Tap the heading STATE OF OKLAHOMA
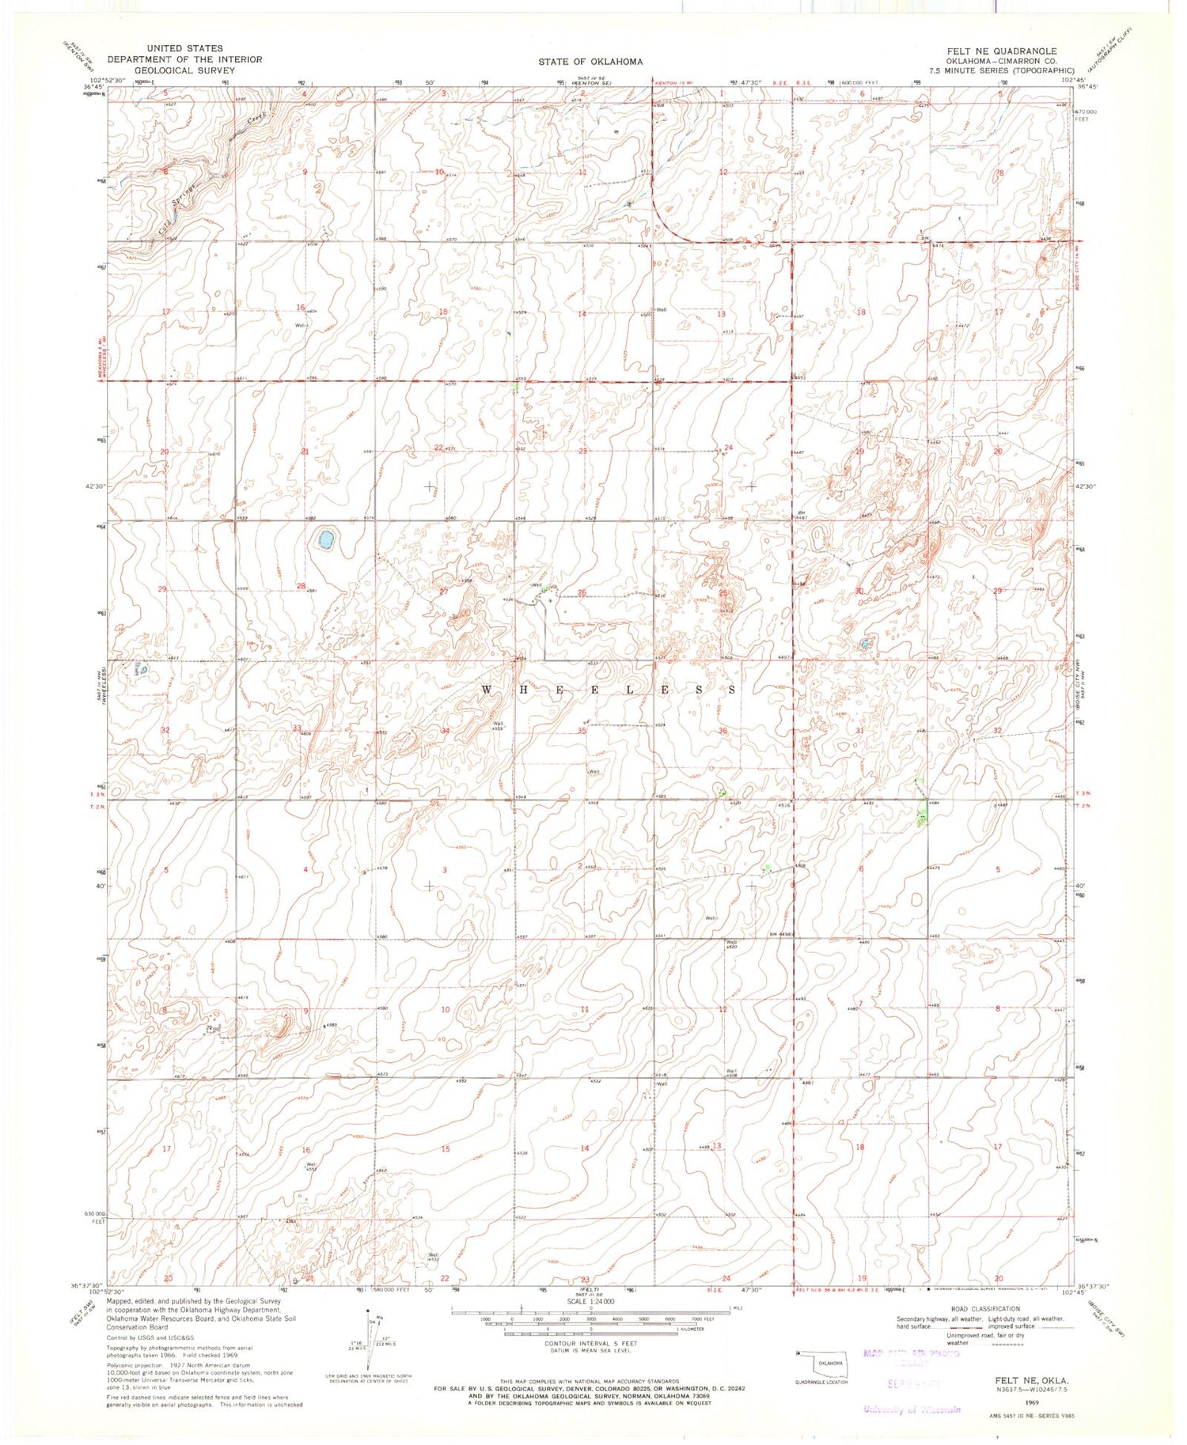point(590,62)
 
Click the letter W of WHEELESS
point(487,690)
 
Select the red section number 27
point(444,592)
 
